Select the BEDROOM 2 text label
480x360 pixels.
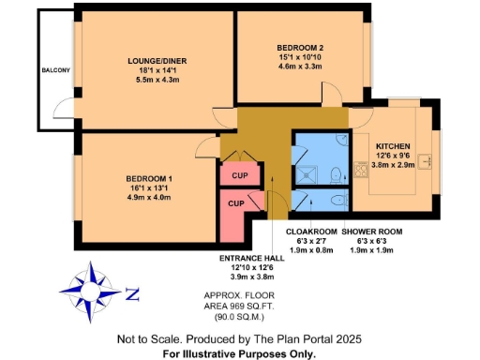[300, 47]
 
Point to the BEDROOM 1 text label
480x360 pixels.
[150, 178]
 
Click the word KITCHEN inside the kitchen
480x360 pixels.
[394, 147]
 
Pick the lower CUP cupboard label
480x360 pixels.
[234, 203]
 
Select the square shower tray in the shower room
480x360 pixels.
[307, 172]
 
